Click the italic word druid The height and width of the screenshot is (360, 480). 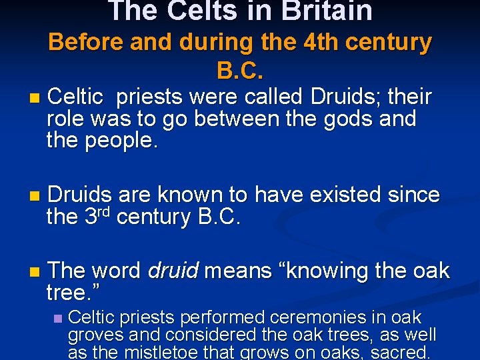click(x=173, y=271)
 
